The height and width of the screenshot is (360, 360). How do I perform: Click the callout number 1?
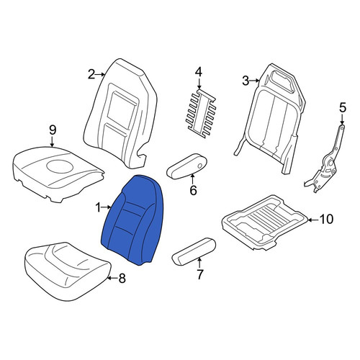pyautogui.click(x=99, y=207)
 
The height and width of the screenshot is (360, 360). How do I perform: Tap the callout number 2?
pyautogui.click(x=91, y=75)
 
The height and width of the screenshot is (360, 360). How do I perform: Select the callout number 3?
pyautogui.click(x=246, y=81)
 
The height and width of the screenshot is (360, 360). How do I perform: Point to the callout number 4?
pyautogui.click(x=199, y=73)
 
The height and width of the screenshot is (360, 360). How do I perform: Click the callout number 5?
pyautogui.click(x=343, y=107)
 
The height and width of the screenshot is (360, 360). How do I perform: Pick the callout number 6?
pyautogui.click(x=193, y=190)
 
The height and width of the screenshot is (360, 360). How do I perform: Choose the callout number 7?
pyautogui.click(x=199, y=274)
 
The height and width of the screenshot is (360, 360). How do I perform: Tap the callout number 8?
pyautogui.click(x=122, y=279)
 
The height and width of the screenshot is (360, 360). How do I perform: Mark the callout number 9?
pyautogui.click(x=53, y=130)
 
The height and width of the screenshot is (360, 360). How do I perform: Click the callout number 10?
pyautogui.click(x=327, y=219)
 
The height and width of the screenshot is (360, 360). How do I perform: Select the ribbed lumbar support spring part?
pyautogui.click(x=201, y=114)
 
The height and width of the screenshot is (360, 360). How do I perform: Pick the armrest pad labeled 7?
pyautogui.click(x=194, y=251)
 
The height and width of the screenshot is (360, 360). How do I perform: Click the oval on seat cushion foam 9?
pyautogui.click(x=60, y=166)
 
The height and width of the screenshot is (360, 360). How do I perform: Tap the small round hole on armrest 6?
pyautogui.click(x=199, y=166)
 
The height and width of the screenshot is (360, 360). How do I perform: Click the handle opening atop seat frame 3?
pyautogui.click(x=282, y=83)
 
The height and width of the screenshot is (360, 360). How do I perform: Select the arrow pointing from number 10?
pyautogui.click(x=313, y=220)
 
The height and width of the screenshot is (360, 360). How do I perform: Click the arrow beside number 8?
pyautogui.click(x=112, y=278)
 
